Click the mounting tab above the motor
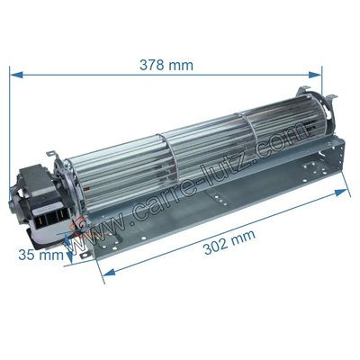(54, 162)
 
